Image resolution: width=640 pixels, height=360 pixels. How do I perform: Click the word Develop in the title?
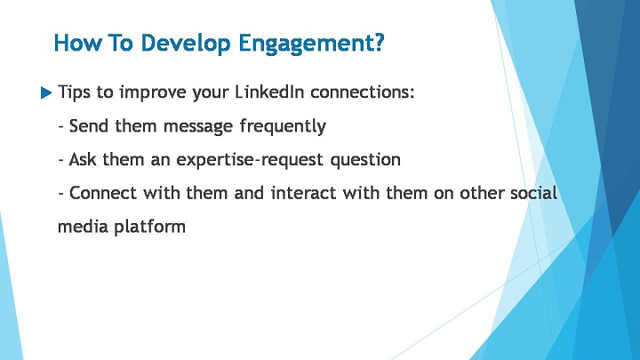tap(186, 44)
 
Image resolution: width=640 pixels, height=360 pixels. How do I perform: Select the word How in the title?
tap(77, 43)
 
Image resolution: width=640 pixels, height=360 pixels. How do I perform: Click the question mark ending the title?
tap(380, 42)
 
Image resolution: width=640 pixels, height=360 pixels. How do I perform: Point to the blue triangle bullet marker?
tap(46, 93)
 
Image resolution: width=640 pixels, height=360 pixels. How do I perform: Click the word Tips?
tap(74, 92)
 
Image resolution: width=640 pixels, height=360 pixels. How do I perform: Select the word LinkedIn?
tap(269, 92)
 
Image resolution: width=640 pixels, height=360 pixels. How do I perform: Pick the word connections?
tap(362, 92)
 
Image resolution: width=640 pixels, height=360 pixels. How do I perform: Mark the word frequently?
tap(283, 126)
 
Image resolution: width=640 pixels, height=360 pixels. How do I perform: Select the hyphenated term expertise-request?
tap(250, 160)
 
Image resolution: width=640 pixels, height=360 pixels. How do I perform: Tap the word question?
tap(365, 160)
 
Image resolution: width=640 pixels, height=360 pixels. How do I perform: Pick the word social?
tap(534, 193)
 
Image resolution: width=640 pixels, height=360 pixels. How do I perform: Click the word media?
tap(83, 226)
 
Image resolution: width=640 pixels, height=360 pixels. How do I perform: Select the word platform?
tap(150, 227)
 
